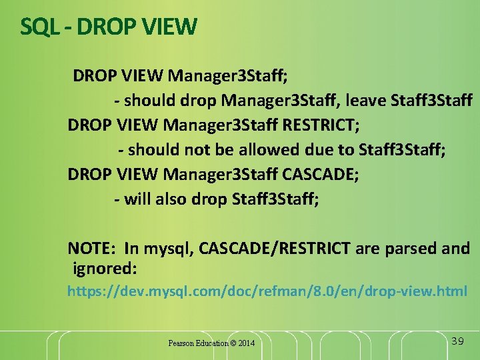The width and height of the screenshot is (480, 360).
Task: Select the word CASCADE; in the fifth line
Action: point(321,174)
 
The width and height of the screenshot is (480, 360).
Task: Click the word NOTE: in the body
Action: point(92,249)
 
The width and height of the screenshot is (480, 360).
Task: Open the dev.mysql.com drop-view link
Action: point(267,291)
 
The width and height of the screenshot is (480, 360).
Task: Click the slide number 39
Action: point(457,341)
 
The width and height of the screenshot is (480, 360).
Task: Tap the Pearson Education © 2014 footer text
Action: point(211,343)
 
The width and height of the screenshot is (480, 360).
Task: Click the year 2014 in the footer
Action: point(245,343)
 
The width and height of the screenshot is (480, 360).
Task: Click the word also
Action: point(170,199)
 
